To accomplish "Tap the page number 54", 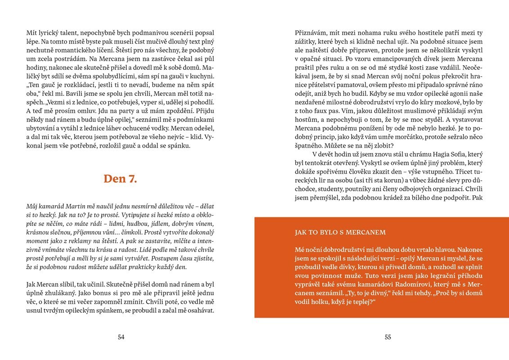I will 121,337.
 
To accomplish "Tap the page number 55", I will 388,337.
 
